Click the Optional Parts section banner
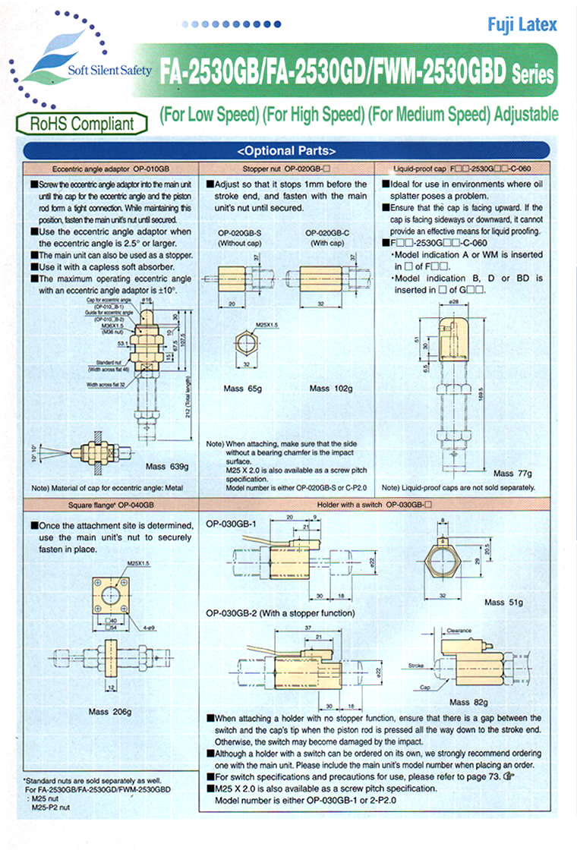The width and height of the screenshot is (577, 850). (x=287, y=150)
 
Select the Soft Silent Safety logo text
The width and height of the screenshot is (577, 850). (x=109, y=71)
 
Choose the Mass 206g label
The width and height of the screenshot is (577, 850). (x=110, y=711)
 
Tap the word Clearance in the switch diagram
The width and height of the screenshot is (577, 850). (x=460, y=629)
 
